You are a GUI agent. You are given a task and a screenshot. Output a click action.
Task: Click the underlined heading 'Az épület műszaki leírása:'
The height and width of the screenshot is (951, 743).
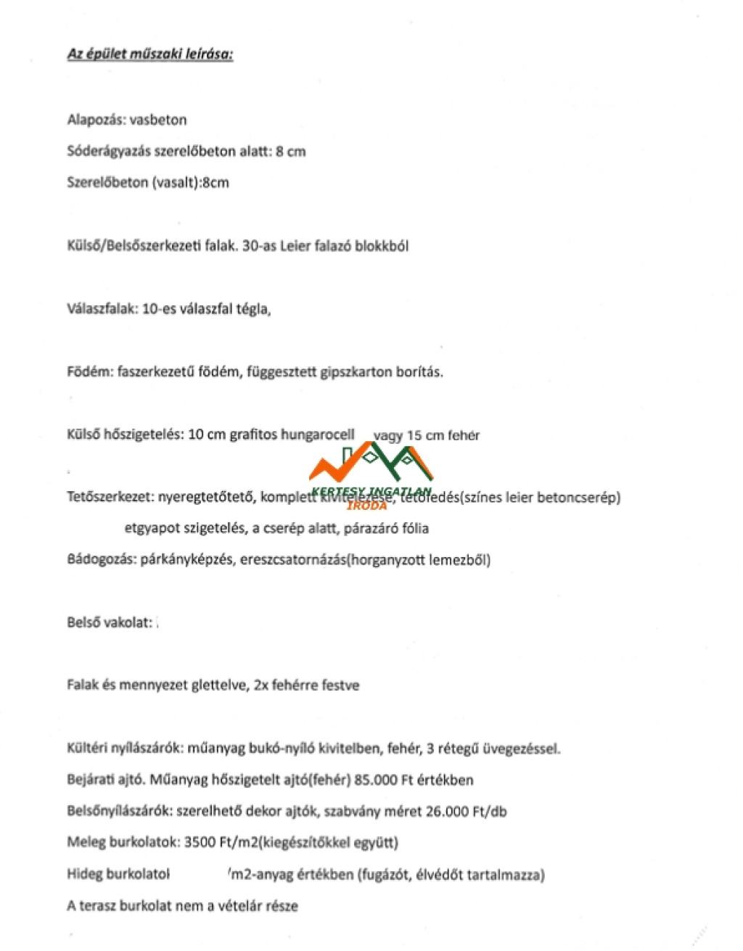(x=150, y=54)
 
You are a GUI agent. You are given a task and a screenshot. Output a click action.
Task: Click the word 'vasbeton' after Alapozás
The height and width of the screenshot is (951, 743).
(x=158, y=120)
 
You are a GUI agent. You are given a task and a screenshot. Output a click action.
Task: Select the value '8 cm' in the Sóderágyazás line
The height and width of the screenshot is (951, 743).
(x=291, y=152)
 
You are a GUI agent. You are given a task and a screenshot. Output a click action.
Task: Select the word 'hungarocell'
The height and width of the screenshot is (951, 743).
(x=318, y=435)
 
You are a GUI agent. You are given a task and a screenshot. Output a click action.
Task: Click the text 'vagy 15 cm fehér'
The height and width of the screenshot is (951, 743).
(x=426, y=436)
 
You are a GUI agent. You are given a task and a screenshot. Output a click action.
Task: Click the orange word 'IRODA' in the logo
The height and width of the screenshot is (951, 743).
(x=367, y=506)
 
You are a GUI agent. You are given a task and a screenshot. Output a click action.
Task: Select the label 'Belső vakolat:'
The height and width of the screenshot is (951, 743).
(x=110, y=622)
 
